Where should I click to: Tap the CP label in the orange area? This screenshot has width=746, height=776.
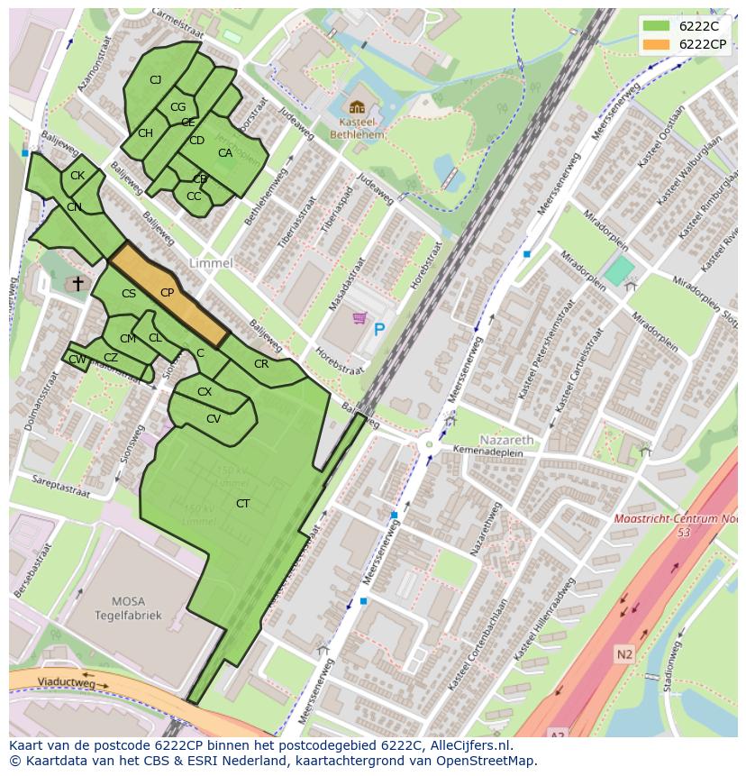[x=167, y=293]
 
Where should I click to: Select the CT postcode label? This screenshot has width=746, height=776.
[x=242, y=504]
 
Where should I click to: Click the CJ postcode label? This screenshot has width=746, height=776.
[x=155, y=80]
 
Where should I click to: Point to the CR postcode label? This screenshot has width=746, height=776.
[x=261, y=364]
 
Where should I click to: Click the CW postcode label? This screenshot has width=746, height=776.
[x=77, y=360]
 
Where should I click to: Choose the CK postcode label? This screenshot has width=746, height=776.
[x=77, y=176]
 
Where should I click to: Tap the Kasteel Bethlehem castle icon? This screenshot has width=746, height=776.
[x=357, y=107]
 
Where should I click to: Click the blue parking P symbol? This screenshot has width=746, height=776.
[x=379, y=331]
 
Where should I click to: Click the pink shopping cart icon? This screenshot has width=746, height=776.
[x=359, y=318]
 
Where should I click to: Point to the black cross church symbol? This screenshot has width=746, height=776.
[x=77, y=284]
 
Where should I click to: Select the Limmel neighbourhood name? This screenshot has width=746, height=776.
[x=211, y=263]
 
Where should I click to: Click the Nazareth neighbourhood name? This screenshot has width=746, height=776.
[x=506, y=440]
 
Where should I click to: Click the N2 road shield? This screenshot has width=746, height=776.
[x=624, y=653]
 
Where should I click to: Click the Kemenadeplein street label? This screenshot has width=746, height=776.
[x=487, y=449]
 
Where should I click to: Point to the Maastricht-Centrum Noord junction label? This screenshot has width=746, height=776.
[x=676, y=520]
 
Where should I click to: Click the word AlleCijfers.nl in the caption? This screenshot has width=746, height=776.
[x=468, y=745]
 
